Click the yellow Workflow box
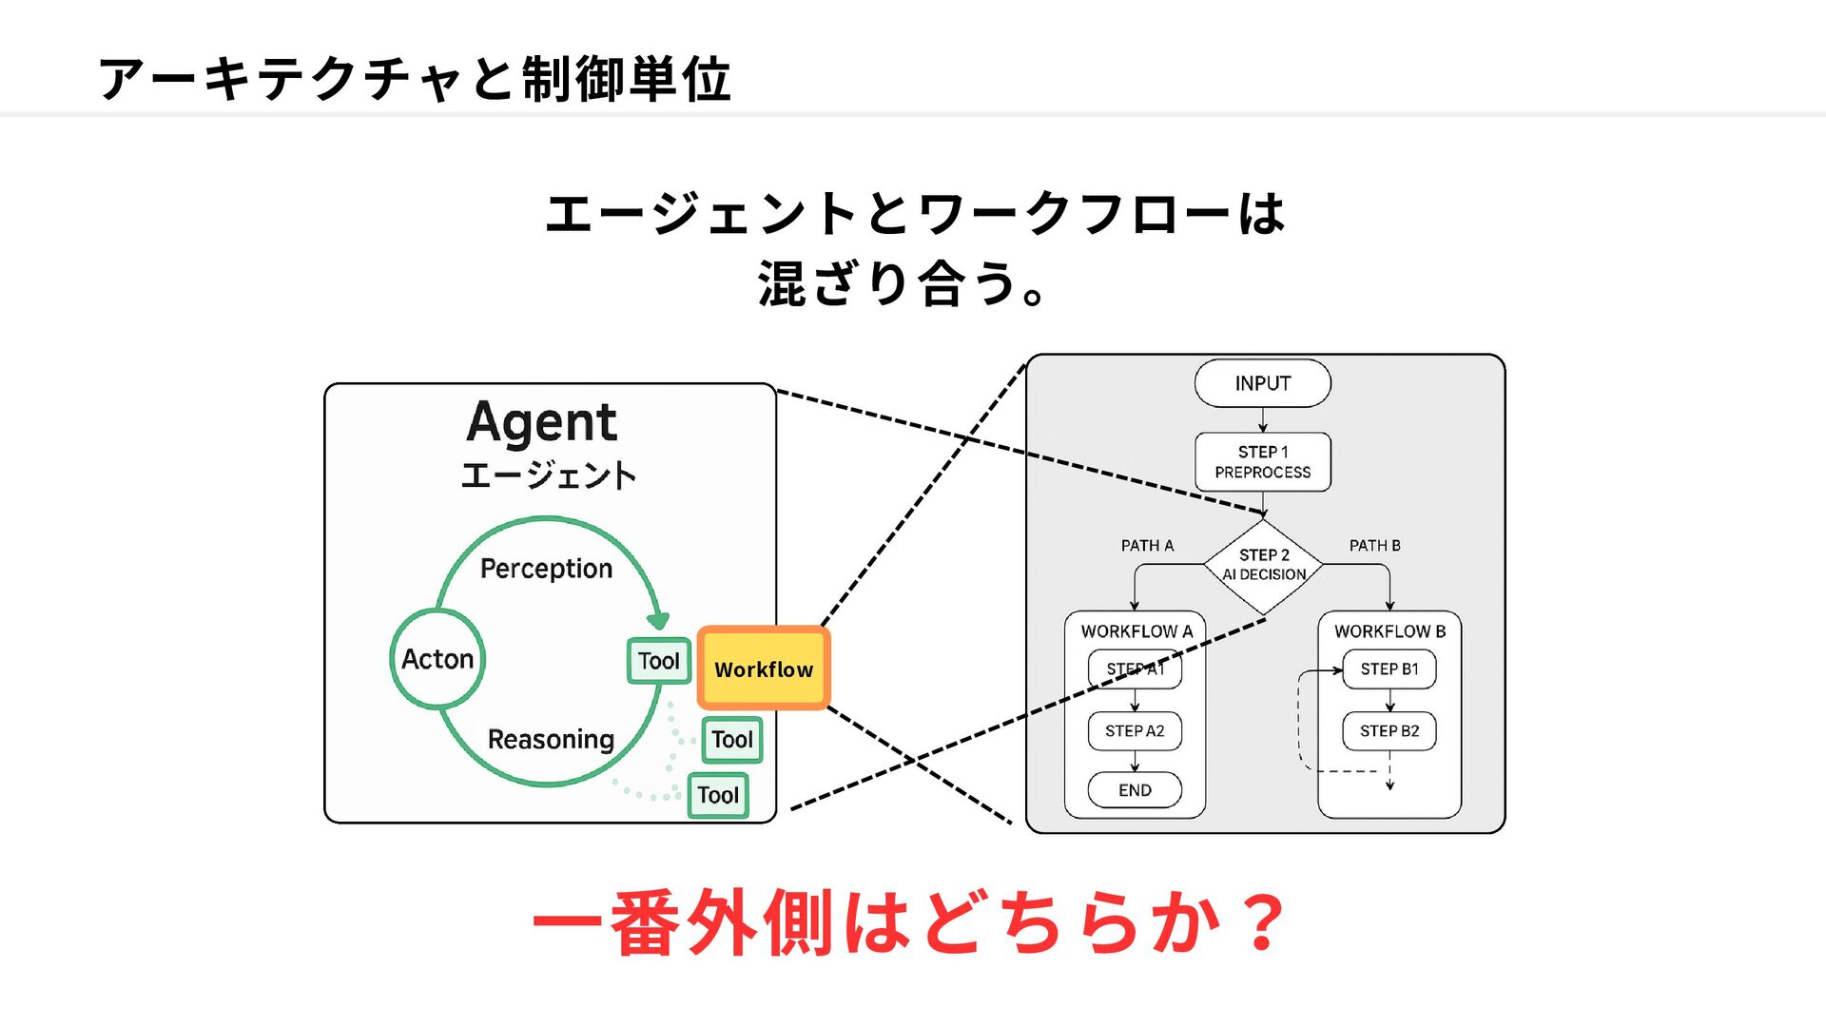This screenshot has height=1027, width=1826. pyautogui.click(x=764, y=669)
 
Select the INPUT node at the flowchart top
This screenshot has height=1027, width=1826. pyautogui.click(x=1262, y=383)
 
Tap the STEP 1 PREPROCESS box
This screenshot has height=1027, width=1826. pyautogui.click(x=1262, y=462)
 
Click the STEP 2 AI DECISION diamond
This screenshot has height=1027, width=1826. pyautogui.click(x=1263, y=566)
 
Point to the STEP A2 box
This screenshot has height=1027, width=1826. pyautogui.click(x=1135, y=731)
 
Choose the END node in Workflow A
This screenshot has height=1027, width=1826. pyautogui.click(x=1135, y=790)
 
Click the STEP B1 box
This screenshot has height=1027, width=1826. pyautogui.click(x=1389, y=669)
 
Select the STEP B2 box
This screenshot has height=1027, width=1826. pyautogui.click(x=1389, y=731)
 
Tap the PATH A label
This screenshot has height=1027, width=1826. pyautogui.click(x=1147, y=546)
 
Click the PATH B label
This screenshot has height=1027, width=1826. pyautogui.click(x=1374, y=546)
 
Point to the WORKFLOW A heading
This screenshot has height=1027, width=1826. pyautogui.click(x=1136, y=631)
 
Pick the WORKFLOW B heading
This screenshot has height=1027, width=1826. pyautogui.click(x=1389, y=631)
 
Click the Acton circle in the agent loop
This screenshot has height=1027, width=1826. pyautogui.click(x=437, y=659)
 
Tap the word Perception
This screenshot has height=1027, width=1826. pyautogui.click(x=546, y=569)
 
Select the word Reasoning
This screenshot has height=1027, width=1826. pyautogui.click(x=551, y=740)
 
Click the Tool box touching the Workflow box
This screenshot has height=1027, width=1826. pyautogui.click(x=659, y=661)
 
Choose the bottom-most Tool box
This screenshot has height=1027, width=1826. pyautogui.click(x=718, y=796)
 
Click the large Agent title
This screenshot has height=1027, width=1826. pyautogui.click(x=542, y=422)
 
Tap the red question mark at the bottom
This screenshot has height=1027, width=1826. pyautogui.click(x=1263, y=921)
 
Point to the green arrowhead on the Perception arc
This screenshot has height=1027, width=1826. pyautogui.click(x=658, y=621)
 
